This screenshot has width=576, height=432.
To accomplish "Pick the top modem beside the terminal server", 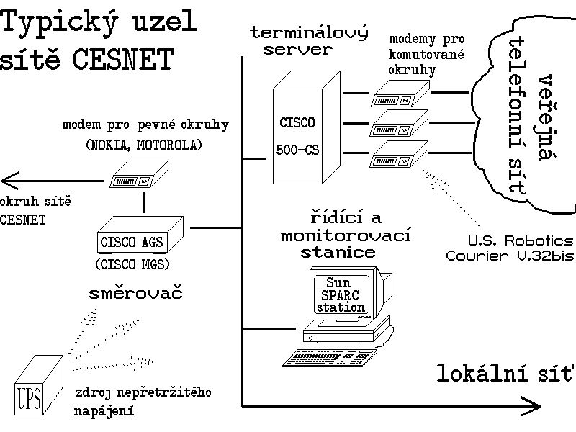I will click(x=400, y=93).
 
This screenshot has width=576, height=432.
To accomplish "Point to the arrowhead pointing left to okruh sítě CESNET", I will click(x=9, y=179).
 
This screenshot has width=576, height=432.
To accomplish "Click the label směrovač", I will click(x=135, y=293).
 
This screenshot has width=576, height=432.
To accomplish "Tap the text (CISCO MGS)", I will click(x=132, y=264).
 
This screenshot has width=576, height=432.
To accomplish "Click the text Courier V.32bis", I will click(x=510, y=256).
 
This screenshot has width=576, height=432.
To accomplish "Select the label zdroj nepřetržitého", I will click(x=143, y=392).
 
